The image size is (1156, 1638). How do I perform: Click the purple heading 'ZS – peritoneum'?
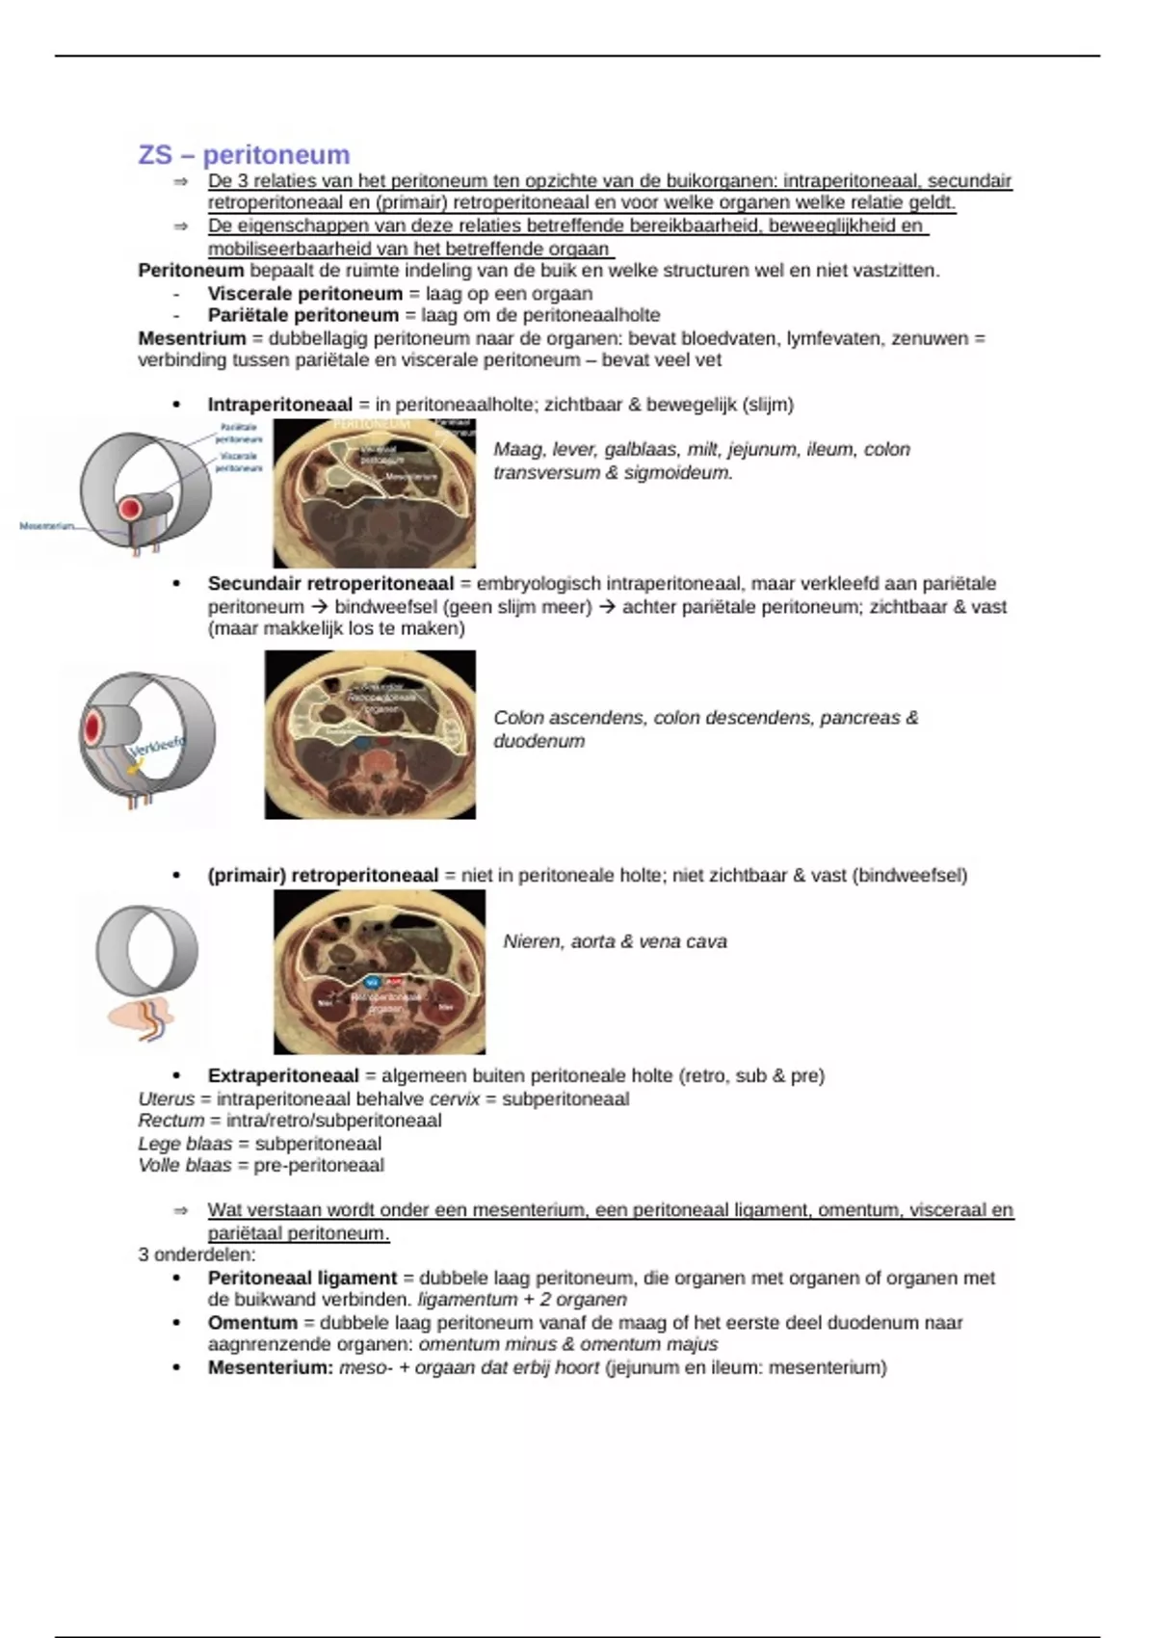pyautogui.click(x=244, y=155)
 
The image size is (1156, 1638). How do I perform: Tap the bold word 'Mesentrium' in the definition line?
pyautogui.click(x=192, y=338)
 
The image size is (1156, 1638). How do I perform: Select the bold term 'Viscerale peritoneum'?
pyautogui.click(x=304, y=293)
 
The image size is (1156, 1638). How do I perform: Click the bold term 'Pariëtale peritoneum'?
pyautogui.click(x=302, y=315)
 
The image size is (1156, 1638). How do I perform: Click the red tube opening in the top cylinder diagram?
pyautogui.click(x=129, y=509)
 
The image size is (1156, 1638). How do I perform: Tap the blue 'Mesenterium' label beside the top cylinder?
pyautogui.click(x=46, y=526)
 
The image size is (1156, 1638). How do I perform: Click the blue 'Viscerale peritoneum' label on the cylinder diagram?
pyautogui.click(x=238, y=462)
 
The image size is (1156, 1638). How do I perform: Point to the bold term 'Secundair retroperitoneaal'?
pyautogui.click(x=330, y=584)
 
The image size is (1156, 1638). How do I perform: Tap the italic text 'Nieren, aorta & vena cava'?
pyautogui.click(x=615, y=941)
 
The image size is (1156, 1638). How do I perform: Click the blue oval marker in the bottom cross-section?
pyautogui.click(x=372, y=982)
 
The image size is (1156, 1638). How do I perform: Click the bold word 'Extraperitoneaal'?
pyautogui.click(x=283, y=1075)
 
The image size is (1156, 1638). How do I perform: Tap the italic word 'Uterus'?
pyautogui.click(x=166, y=1099)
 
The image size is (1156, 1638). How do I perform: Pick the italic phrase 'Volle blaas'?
pyautogui.click(x=185, y=1165)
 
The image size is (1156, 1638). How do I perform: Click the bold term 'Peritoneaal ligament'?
pyautogui.click(x=302, y=1278)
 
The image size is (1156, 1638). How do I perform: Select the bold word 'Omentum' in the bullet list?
pyautogui.click(x=252, y=1323)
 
